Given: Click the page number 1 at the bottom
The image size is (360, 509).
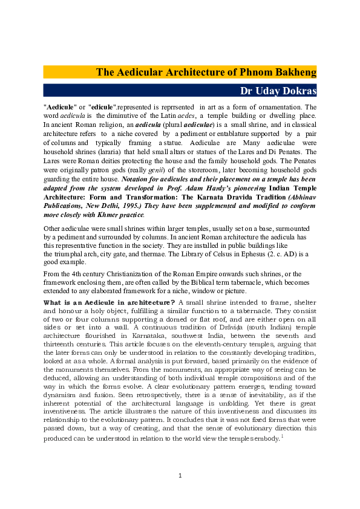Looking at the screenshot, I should pyautogui.click(x=180, y=475).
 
